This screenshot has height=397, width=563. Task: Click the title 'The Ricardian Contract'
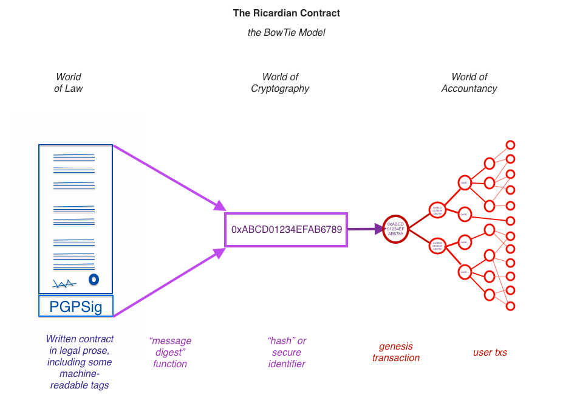286,13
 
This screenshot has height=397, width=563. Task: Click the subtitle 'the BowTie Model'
286,32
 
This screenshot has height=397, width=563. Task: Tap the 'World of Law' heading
68,83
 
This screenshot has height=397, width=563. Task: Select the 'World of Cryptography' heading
280,83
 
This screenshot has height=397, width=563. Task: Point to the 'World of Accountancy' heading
469,83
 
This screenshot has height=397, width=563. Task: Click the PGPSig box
76,306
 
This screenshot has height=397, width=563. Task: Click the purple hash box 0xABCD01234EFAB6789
286,230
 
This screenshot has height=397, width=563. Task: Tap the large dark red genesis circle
395,229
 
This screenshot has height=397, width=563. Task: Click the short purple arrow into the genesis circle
365,229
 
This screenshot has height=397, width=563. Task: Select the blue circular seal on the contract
94,280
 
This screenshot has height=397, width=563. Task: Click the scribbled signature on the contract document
64,283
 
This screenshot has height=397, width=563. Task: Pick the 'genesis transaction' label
395,352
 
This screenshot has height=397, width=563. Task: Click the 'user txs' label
490,352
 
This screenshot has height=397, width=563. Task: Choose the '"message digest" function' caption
170,352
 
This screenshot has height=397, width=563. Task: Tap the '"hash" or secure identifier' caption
287,352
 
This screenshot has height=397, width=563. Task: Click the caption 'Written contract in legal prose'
80,362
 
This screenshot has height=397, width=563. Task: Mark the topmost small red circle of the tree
510,145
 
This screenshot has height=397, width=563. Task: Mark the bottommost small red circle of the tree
510,306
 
